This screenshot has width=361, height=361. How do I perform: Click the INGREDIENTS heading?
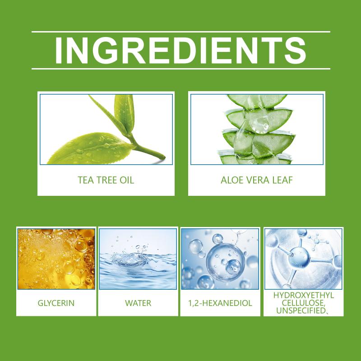[181, 50]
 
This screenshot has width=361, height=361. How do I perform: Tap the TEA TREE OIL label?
[106, 180]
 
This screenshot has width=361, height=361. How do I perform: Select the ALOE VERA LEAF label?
[257, 180]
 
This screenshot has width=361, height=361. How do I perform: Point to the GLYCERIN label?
[56, 303]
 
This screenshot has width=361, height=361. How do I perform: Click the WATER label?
[138, 303]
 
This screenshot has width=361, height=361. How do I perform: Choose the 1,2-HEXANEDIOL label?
[220, 303]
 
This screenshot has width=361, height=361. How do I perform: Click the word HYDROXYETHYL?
[303, 296]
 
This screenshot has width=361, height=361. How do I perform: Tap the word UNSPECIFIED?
[301, 310]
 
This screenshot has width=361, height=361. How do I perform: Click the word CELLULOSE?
[303, 303]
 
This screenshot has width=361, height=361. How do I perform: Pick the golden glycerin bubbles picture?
[56, 259]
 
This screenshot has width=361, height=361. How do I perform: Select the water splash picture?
[138, 259]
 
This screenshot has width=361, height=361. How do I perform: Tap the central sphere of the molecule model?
[299, 257]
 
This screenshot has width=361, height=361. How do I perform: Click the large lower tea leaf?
[90, 148]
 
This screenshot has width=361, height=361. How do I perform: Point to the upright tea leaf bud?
[125, 113]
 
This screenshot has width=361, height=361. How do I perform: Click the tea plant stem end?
[163, 157]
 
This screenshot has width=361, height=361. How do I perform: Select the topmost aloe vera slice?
[257, 101]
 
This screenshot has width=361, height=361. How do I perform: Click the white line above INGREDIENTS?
[181, 32]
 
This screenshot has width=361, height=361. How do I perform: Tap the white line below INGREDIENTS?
[181, 69]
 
